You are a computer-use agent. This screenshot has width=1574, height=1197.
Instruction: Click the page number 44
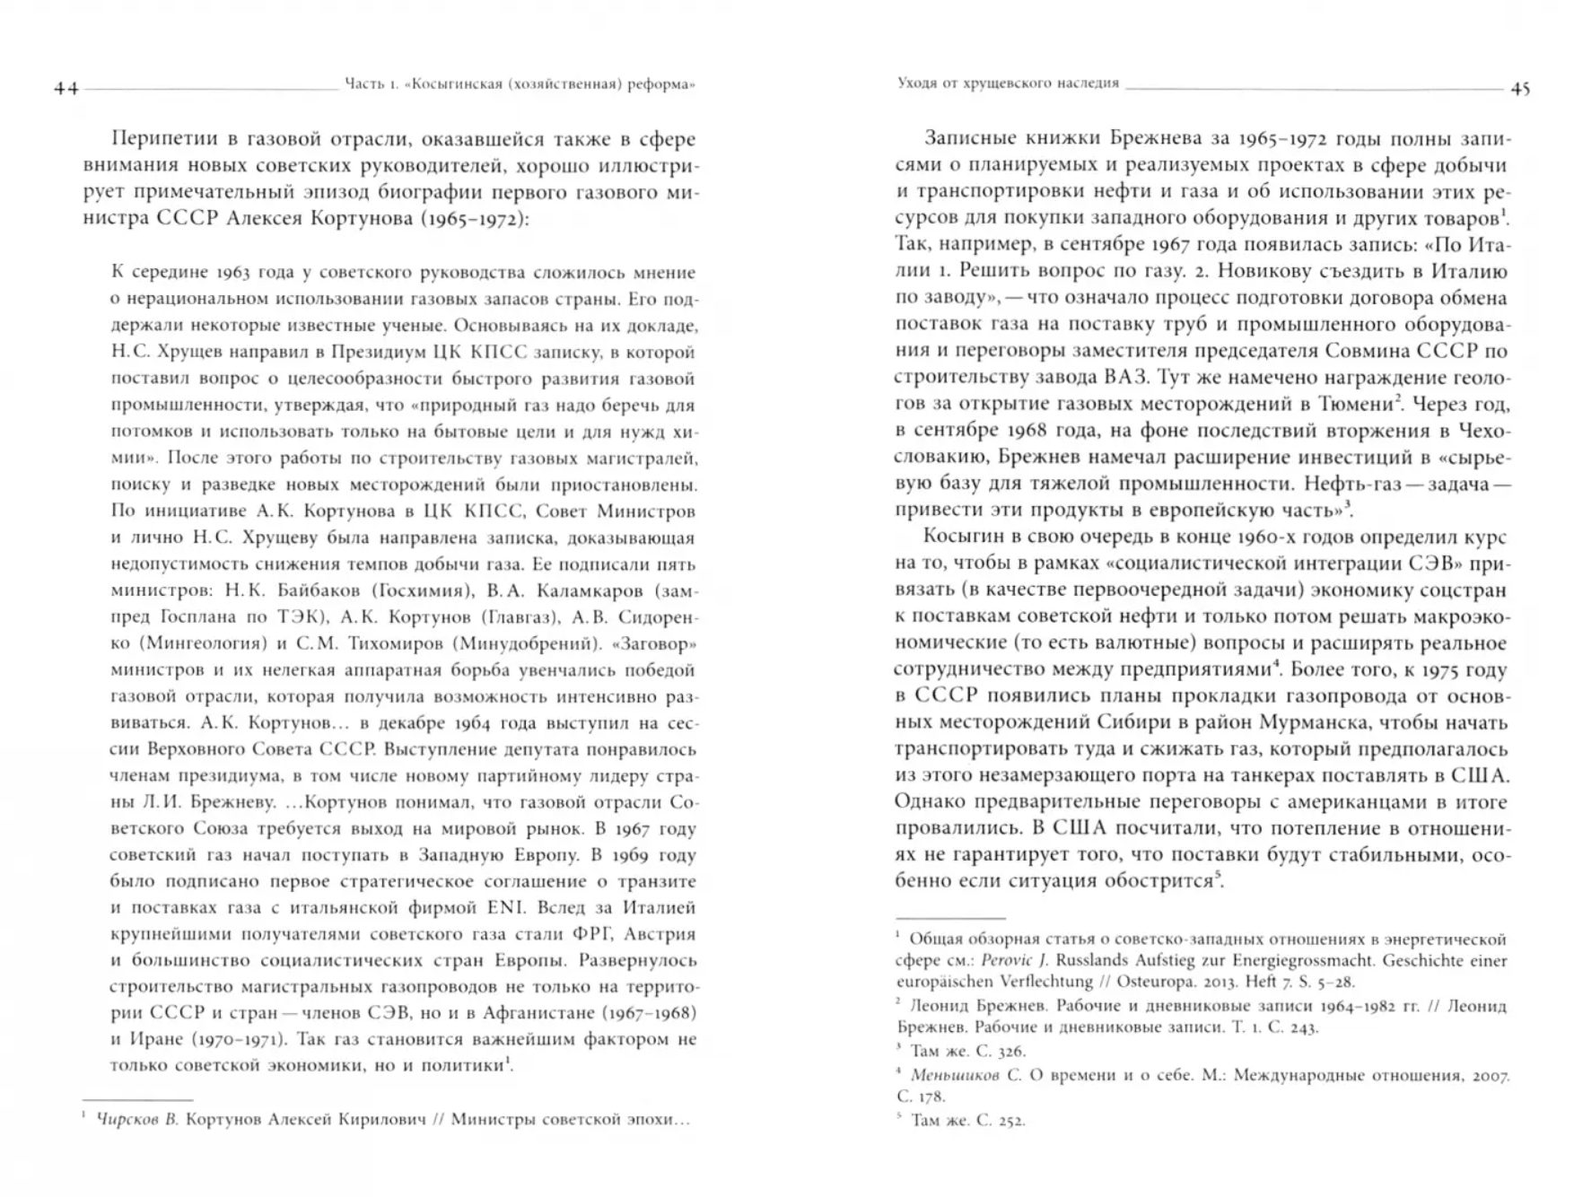click(66, 88)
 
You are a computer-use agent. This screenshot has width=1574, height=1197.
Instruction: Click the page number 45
click(1520, 89)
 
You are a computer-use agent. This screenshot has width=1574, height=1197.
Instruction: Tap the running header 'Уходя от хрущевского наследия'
click(1008, 83)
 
